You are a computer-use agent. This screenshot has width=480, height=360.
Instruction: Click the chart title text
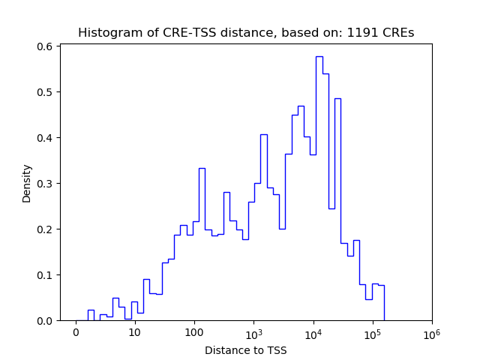pyautogui.click(x=246, y=33)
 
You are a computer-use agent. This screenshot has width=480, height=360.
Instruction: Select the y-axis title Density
pyautogui.click(x=27, y=183)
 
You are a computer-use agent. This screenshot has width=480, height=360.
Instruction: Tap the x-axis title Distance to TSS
pyautogui.click(x=246, y=349)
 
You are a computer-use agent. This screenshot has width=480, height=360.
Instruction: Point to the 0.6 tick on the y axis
pyautogui.click(x=46, y=46)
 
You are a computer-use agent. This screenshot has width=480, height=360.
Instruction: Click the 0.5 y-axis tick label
pyautogui.click(x=46, y=92)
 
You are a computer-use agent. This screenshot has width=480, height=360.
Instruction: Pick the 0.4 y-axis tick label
pyautogui.click(x=46, y=138)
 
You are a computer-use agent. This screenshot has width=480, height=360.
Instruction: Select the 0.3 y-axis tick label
pyautogui.click(x=46, y=184)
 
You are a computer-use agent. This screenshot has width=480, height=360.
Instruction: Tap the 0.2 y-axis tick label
pyautogui.click(x=46, y=229)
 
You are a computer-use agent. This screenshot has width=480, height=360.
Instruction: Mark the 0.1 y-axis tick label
pyautogui.click(x=46, y=275)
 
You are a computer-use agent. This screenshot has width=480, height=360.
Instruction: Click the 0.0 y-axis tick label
pyautogui.click(x=46, y=321)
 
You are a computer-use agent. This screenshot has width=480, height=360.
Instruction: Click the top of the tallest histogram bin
pyautogui.click(x=319, y=57)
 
